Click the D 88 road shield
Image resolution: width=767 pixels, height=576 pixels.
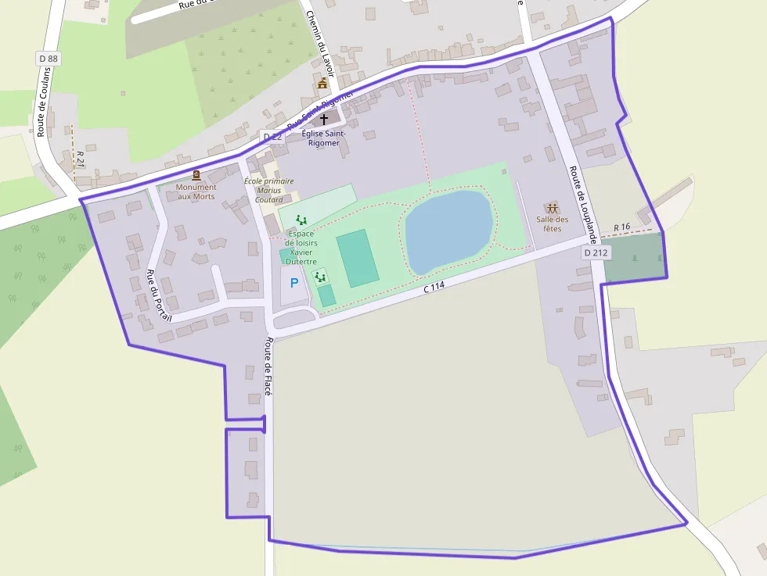click(x=48, y=59)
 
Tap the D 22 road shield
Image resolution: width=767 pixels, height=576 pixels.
click(x=272, y=137)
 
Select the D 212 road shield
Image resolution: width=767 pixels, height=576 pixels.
click(x=596, y=252)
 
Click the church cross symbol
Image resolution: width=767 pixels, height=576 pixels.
click(x=324, y=120)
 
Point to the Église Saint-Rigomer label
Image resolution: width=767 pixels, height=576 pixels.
click(x=323, y=138)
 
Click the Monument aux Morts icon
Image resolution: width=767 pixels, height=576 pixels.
click(x=196, y=176)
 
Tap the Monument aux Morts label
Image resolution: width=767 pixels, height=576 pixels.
click(x=196, y=191)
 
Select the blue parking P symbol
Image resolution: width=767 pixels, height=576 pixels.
click(x=294, y=283)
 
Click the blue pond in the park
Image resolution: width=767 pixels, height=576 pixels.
click(x=448, y=230)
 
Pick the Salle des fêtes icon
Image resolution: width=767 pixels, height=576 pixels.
click(x=553, y=209)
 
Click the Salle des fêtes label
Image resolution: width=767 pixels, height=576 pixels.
click(x=553, y=224)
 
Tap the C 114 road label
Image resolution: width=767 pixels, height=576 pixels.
click(x=434, y=288)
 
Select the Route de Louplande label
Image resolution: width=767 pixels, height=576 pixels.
click(x=584, y=202)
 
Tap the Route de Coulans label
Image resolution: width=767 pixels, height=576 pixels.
click(x=43, y=102)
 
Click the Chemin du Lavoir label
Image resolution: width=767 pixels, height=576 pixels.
click(x=320, y=43)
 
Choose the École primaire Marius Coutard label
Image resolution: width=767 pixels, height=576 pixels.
click(x=268, y=190)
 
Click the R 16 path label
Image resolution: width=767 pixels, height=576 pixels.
click(x=622, y=227)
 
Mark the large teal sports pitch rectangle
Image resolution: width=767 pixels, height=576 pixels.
click(x=358, y=259)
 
